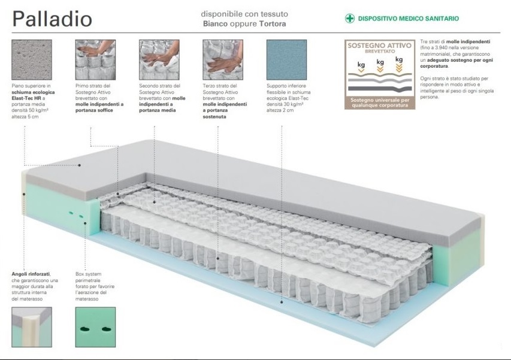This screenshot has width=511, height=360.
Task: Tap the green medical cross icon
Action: click(350, 19)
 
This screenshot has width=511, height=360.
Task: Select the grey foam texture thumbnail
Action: click(32, 59)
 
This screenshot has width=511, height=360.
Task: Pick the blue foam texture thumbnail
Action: click(286, 59)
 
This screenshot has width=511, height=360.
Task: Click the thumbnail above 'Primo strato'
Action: click(95, 59)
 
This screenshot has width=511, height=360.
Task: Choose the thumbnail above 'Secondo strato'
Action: click(159, 59)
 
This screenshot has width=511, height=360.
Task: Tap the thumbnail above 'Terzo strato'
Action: click(222, 59)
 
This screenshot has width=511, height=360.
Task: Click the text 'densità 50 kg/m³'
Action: click(31, 114)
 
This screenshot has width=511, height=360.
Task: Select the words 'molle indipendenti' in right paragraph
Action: click(473, 39)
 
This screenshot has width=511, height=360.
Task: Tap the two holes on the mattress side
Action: click(75, 214)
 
